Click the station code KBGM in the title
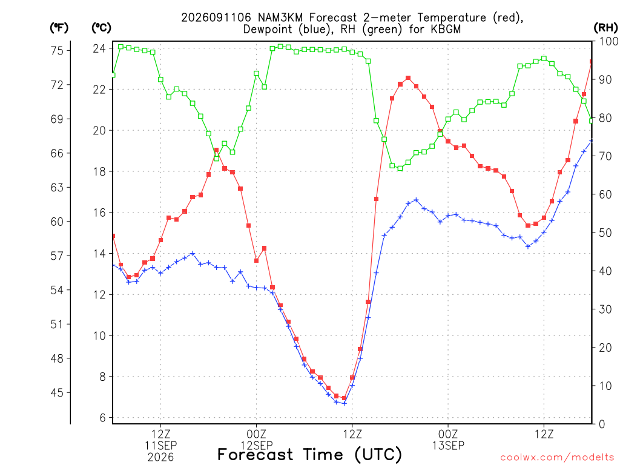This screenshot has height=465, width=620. click(446, 29)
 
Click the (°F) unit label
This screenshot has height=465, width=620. click(59, 28)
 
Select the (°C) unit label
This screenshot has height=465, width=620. click(101, 28)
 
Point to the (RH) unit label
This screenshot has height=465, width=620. click(605, 28)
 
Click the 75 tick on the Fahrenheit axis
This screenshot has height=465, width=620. click(57, 51)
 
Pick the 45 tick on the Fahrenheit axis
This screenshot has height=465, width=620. click(57, 392)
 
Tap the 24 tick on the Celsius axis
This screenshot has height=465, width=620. click(99, 48)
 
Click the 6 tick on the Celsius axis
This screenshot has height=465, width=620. click(103, 418)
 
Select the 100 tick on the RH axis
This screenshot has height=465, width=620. click(609, 41)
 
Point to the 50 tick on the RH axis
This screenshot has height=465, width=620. click(605, 232)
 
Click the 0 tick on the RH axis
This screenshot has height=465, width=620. click(602, 424)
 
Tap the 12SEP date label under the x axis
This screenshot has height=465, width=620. click(257, 445)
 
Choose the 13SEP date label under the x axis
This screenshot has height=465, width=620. click(448, 445)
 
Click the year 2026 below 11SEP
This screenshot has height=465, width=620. click(160, 457)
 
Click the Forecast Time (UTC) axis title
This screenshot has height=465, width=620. click(309, 455)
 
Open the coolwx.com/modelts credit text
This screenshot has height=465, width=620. click(557, 457)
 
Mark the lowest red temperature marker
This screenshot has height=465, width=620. click(344, 398)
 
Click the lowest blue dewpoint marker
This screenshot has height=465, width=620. click(344, 403)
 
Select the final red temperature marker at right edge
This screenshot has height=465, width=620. click(592, 62)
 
